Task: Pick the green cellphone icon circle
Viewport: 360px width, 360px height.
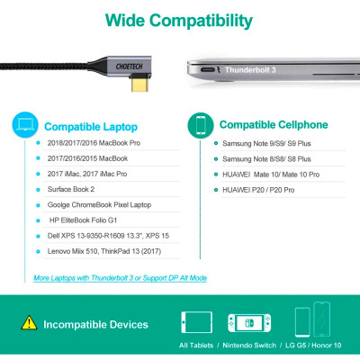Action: click(x=201, y=123)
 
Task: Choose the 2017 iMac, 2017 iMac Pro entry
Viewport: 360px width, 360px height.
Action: click(x=86, y=174)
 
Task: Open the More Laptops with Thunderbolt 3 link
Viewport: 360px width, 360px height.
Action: click(x=120, y=278)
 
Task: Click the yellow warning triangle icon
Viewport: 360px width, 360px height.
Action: click(x=31, y=320)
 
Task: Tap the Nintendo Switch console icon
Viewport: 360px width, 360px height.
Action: click(x=246, y=320)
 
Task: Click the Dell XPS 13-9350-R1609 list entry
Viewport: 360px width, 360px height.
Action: click(x=103, y=238)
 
